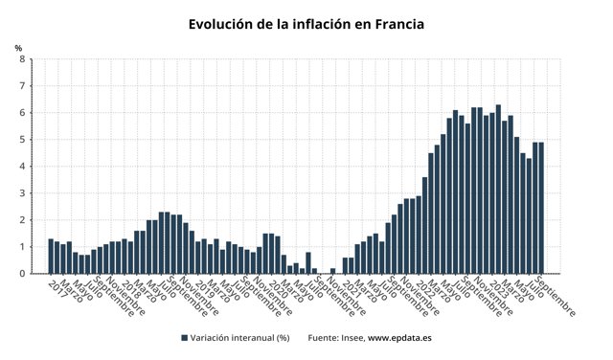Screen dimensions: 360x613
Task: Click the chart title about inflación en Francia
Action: [x=306, y=23]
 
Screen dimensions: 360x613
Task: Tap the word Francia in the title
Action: [x=393, y=23]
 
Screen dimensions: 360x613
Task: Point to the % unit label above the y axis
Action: [x=18, y=48]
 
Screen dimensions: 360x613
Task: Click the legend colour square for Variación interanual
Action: [x=184, y=338]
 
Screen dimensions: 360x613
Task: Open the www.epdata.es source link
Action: [x=401, y=338]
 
